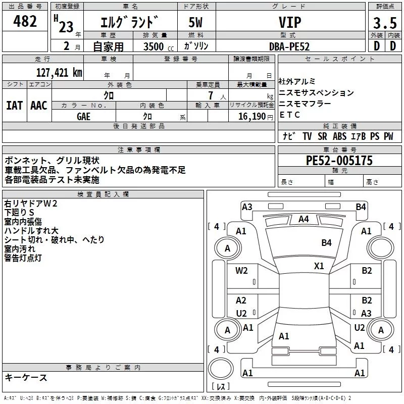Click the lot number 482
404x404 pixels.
click(25, 21)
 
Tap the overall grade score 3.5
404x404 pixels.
click(384, 23)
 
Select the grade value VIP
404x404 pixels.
click(290, 22)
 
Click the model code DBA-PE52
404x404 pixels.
click(289, 46)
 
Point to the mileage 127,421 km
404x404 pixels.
click(59, 72)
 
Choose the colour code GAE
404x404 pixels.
click(84, 116)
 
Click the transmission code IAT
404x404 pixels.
click(14, 105)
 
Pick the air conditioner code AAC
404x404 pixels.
click(39, 105)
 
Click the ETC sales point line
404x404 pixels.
click(290, 115)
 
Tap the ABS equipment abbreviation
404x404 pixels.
click(339, 136)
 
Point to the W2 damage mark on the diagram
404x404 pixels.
click(241, 270)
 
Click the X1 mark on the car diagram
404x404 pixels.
click(319, 266)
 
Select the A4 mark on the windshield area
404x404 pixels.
click(303, 219)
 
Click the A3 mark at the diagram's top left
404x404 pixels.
click(247, 207)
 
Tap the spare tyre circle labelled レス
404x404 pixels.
click(221, 386)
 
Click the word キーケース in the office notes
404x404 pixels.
click(26, 377)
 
